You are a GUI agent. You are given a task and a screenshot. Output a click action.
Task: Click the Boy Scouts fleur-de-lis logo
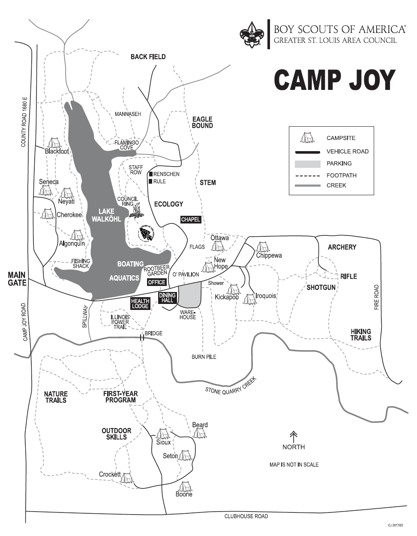point(251,35)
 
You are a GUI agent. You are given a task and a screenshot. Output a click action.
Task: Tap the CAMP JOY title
point(334,80)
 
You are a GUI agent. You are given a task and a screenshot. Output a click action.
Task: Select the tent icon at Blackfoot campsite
point(54,143)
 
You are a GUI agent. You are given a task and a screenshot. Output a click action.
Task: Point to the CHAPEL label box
point(191,220)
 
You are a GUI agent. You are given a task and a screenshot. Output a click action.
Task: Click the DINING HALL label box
point(167,298)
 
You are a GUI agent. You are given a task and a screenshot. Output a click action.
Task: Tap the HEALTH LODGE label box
point(140,304)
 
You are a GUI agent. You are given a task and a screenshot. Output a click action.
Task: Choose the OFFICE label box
point(156,282)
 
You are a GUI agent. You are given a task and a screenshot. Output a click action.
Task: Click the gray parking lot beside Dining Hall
point(189,295)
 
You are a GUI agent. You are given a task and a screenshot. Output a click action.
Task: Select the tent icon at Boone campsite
point(185,486)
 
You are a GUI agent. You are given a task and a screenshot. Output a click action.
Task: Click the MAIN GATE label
point(17,279)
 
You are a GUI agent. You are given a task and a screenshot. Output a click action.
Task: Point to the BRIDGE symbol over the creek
point(142,338)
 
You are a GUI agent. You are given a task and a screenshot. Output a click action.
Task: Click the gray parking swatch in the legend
point(307,164)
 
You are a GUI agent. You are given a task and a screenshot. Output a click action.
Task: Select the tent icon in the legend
point(306,137)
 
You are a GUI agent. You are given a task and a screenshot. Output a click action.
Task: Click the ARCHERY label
point(342,247)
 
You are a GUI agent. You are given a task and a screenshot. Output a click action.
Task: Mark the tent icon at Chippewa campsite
point(261,247)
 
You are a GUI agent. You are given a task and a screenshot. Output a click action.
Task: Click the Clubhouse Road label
point(246,516)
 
